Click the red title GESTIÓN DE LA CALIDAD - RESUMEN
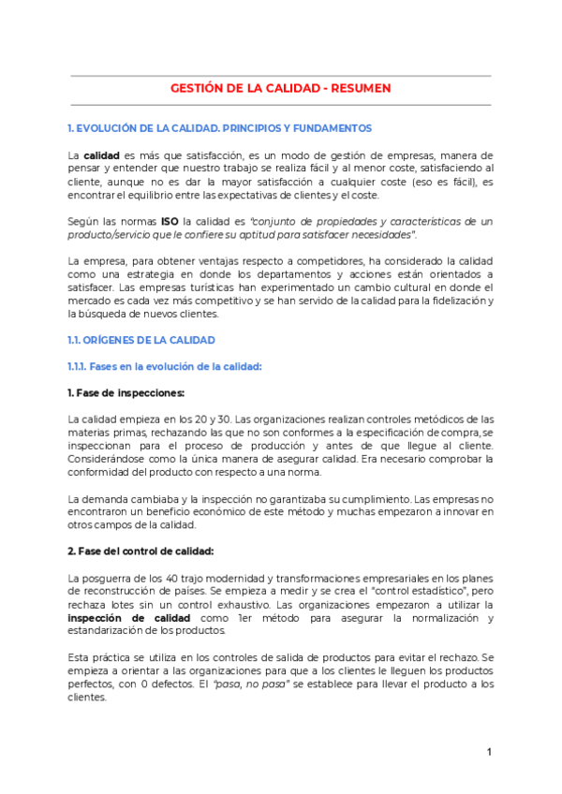(280, 88)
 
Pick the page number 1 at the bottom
(489, 753)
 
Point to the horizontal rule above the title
(280, 76)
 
